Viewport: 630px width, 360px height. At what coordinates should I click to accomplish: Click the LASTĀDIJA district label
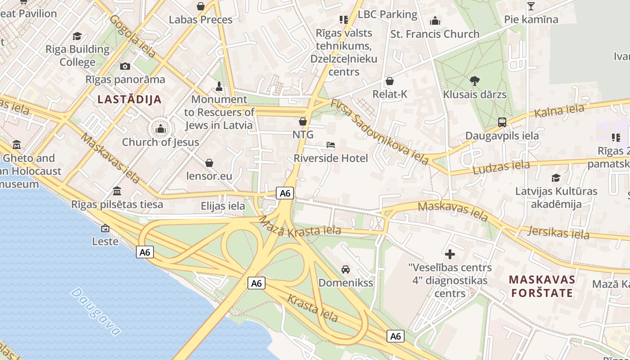tap(130, 99)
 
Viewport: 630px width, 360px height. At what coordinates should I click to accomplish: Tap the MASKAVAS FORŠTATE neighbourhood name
tap(542, 286)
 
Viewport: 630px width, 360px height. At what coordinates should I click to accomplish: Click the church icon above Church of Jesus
tap(161, 130)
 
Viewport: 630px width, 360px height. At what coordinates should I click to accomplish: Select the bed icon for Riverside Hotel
tap(331, 145)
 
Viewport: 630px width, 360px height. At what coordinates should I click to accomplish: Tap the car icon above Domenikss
tap(346, 270)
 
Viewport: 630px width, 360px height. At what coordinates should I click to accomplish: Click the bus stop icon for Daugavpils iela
tap(502, 122)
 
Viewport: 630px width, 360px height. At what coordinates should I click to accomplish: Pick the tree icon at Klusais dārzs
tap(474, 81)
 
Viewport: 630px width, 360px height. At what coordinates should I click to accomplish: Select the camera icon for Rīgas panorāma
tap(125, 67)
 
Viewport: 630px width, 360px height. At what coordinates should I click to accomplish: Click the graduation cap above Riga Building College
tap(77, 36)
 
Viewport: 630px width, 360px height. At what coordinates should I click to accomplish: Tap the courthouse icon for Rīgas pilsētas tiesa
tap(117, 191)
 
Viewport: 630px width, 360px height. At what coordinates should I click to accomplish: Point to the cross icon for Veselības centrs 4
tap(450, 254)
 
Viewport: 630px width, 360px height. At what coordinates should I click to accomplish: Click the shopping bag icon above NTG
tap(303, 121)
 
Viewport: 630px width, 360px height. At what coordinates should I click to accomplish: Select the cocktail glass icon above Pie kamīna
tap(531, 6)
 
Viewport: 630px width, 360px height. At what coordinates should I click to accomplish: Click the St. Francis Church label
tap(435, 34)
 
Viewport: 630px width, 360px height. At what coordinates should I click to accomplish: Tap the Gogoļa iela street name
tap(132, 36)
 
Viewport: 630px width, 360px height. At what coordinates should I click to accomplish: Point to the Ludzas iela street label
tap(501, 167)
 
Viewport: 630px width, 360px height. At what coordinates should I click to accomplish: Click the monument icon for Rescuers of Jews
tap(219, 86)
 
